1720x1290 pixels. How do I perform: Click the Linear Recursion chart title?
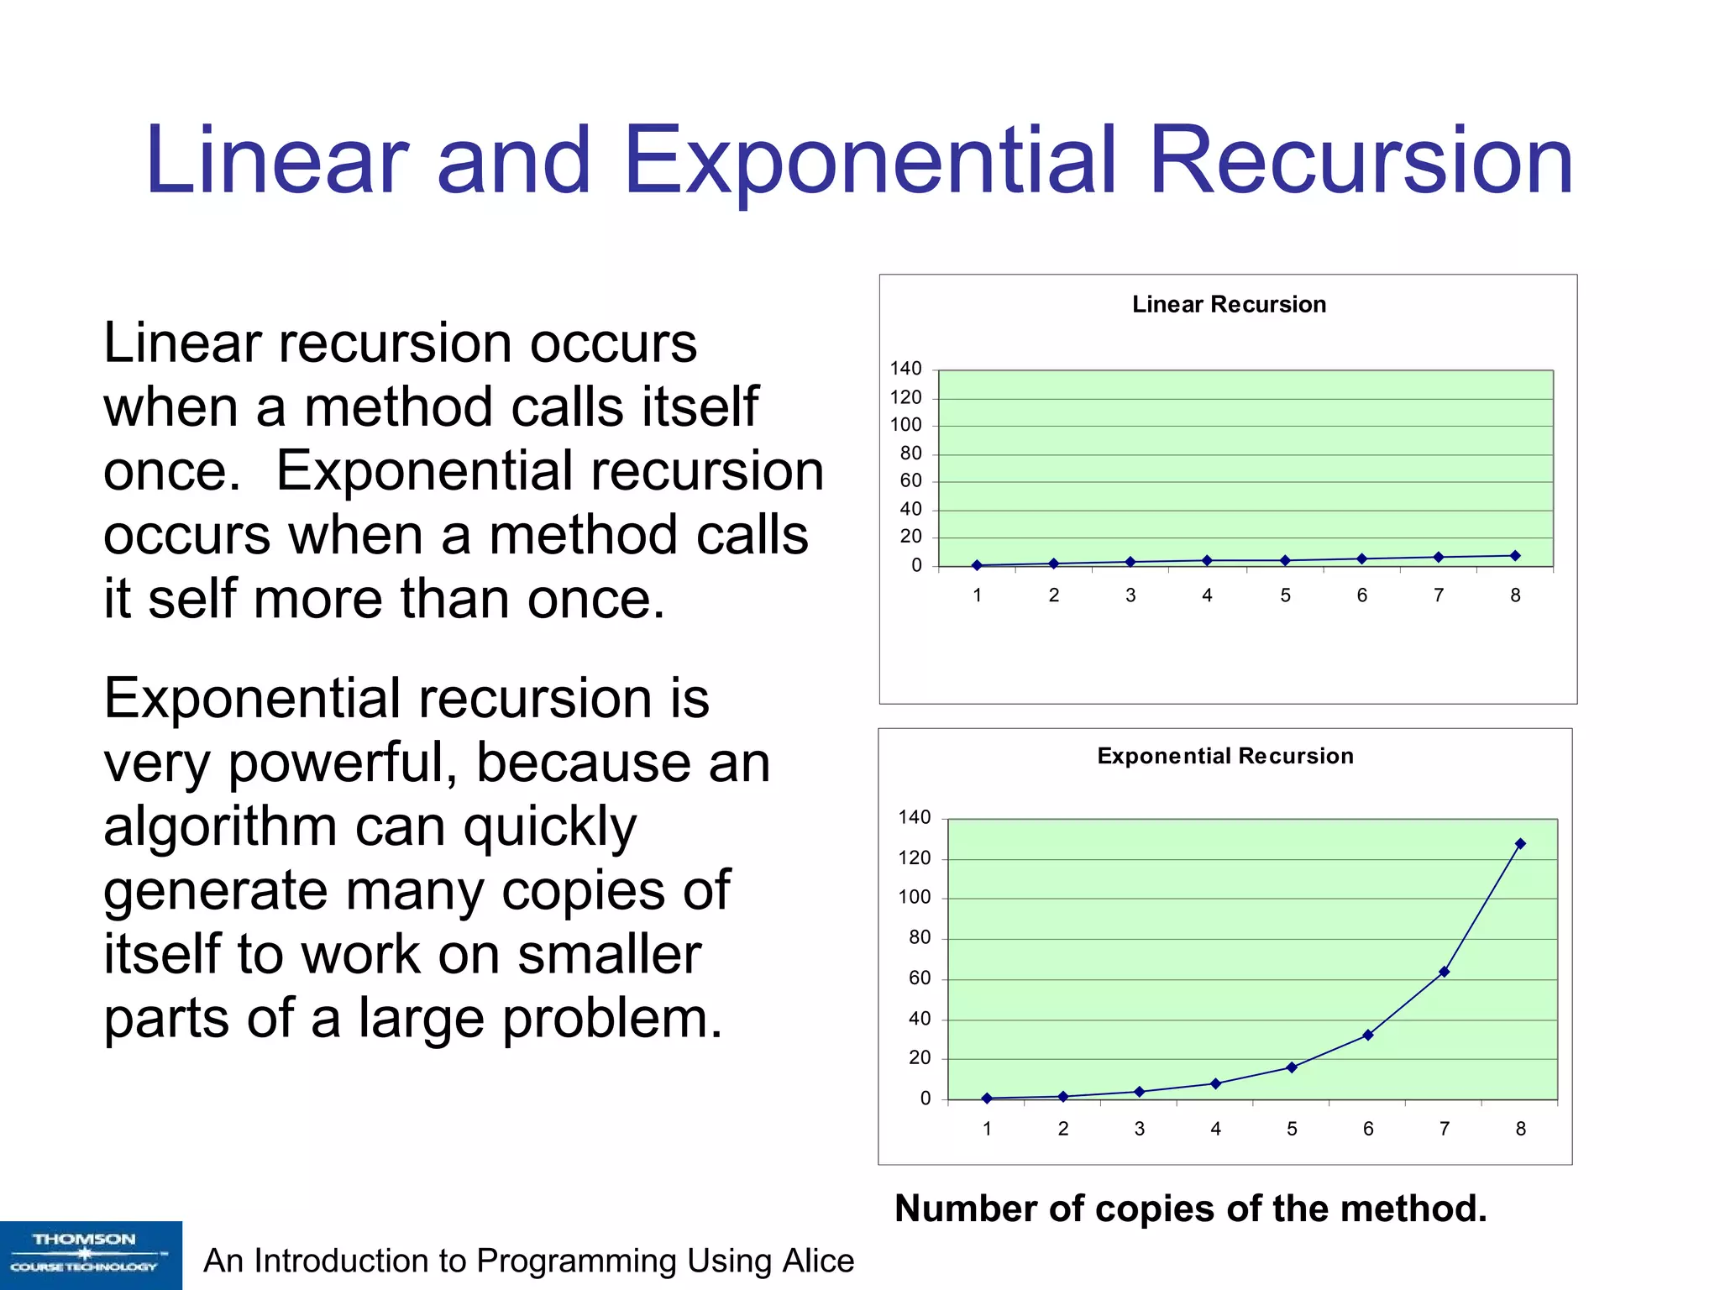pyautogui.click(x=1229, y=304)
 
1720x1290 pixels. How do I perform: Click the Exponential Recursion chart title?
pyautogui.click(x=1225, y=756)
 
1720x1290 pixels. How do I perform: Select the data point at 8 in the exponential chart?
pyautogui.click(x=1520, y=844)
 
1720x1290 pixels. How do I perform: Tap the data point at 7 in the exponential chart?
pyautogui.click(x=1444, y=972)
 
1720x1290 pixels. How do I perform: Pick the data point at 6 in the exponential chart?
pyautogui.click(x=1368, y=1036)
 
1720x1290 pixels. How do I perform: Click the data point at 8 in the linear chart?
pyautogui.click(x=1515, y=556)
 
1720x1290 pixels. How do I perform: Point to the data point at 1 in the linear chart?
pyautogui.click(x=977, y=565)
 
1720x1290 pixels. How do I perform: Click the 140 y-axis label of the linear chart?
pyautogui.click(x=906, y=369)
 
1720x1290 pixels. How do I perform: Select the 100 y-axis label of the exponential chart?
pyautogui.click(x=915, y=897)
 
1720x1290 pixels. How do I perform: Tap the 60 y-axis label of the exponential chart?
pyautogui.click(x=920, y=978)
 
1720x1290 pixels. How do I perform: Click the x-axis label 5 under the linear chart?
pyautogui.click(x=1285, y=595)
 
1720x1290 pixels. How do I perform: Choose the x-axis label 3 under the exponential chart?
pyautogui.click(x=1140, y=1129)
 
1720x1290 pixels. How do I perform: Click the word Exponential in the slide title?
pyautogui.click(x=870, y=161)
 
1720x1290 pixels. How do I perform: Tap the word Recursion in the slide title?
pyautogui.click(x=1361, y=161)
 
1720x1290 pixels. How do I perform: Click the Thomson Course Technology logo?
pyautogui.click(x=91, y=1255)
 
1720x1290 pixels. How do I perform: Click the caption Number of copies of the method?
pyautogui.click(x=1191, y=1209)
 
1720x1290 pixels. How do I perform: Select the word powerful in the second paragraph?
pyautogui.click(x=342, y=763)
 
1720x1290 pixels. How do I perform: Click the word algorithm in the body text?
pyautogui.click(x=221, y=826)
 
